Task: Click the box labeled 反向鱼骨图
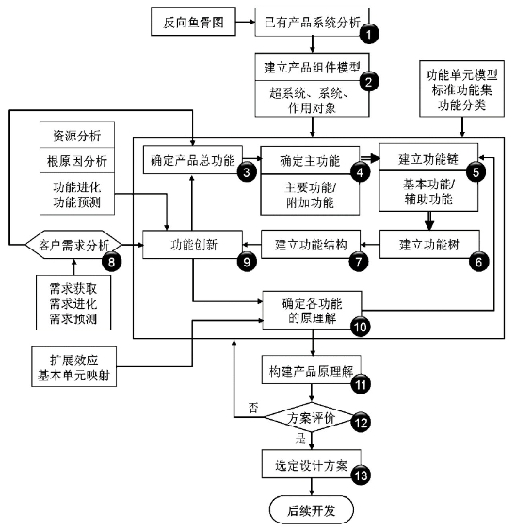coord(193,22)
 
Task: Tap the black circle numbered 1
coord(369,34)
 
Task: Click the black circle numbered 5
coord(476,171)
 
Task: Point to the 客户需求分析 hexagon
coord(73,245)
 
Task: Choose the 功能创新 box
coord(193,245)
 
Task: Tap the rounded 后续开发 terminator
coord(311,509)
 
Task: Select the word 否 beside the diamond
coord(253,408)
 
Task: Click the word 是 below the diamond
coord(300,438)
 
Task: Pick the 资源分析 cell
coord(77,136)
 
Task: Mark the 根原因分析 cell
coord(77,160)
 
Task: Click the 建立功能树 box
coord(429,244)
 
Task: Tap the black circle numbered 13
coord(361,475)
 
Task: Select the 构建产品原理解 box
coord(311,369)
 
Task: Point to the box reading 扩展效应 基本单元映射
coord(73,366)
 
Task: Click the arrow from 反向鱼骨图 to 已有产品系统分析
coord(245,22)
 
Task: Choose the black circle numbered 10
coord(360,327)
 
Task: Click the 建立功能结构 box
coord(311,244)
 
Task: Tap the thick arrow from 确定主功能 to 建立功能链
coord(369,158)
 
